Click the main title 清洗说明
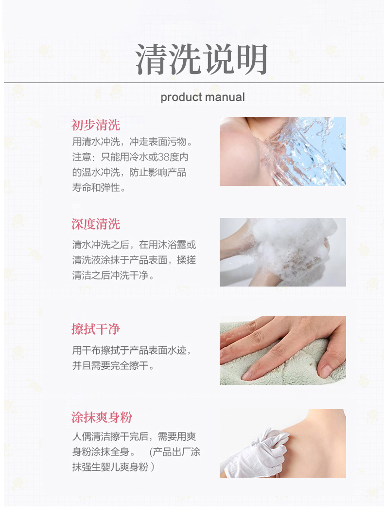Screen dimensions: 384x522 point(201,59)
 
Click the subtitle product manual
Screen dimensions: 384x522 point(203,97)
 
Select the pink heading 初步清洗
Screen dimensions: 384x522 point(95,125)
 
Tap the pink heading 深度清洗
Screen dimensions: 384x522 point(95,224)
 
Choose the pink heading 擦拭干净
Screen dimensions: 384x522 point(95,329)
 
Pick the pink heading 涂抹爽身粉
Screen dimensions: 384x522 point(102,417)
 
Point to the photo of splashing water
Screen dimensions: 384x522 point(283,151)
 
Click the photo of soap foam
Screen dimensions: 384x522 point(283,252)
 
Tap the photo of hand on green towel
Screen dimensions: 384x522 point(283,350)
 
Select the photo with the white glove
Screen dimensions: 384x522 point(283,444)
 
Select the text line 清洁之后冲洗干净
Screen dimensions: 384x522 point(113,275)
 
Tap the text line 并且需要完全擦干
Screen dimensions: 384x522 point(113,366)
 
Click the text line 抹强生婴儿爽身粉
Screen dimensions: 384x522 point(113,467)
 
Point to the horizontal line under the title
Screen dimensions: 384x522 point(193,82)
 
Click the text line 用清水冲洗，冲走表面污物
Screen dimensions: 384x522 point(132,142)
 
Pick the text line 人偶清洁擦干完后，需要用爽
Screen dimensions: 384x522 point(134,436)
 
